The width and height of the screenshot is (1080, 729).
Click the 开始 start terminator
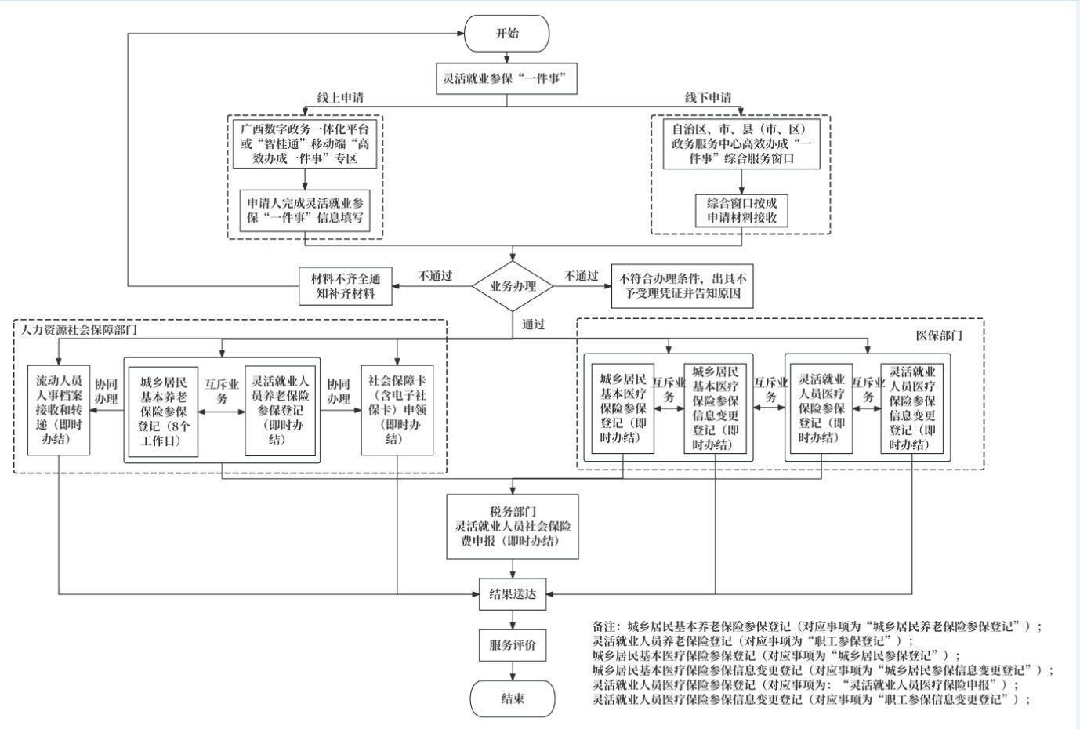pyautogui.click(x=507, y=33)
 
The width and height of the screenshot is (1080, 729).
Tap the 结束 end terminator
pyautogui.click(x=513, y=698)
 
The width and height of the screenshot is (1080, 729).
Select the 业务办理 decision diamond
pyautogui.click(x=513, y=286)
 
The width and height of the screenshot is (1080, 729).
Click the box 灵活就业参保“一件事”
pyautogui.click(x=507, y=78)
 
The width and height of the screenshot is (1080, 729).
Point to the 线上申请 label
pyautogui.click(x=340, y=98)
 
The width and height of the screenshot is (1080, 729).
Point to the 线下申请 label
pyautogui.click(x=708, y=98)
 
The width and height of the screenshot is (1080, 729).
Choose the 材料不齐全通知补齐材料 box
pyautogui.click(x=346, y=286)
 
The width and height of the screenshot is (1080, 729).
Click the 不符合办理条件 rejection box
pyautogui.click(x=682, y=286)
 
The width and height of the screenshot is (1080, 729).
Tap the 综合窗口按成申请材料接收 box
pyautogui.click(x=741, y=211)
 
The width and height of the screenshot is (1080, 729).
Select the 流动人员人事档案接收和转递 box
pyautogui.click(x=59, y=410)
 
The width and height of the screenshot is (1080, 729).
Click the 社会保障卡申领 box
pyautogui.click(x=397, y=410)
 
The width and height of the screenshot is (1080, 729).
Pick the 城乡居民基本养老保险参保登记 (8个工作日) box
pyautogui.click(x=163, y=412)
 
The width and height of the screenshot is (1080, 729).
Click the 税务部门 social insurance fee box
pyautogui.click(x=513, y=527)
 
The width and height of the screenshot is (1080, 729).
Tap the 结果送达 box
pyautogui.click(x=513, y=594)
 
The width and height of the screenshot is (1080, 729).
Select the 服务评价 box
pyautogui.click(x=513, y=645)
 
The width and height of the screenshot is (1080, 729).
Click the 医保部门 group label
pyautogui.click(x=939, y=335)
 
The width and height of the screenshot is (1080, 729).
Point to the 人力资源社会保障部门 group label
pyautogui.click(x=79, y=330)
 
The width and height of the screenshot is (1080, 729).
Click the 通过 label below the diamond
pyautogui.click(x=533, y=325)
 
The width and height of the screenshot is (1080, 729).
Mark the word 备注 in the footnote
pyautogui.click(x=603, y=627)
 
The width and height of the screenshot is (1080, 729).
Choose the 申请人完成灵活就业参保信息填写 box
pyautogui.click(x=305, y=211)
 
